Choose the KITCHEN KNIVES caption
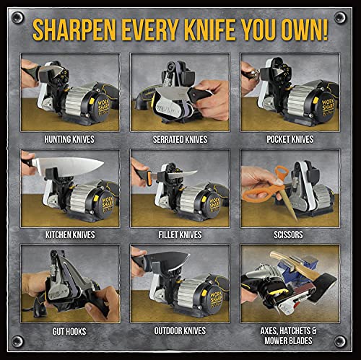(70, 234)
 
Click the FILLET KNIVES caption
(180, 234)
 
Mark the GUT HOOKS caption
(70, 330)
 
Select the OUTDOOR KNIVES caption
(180, 330)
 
